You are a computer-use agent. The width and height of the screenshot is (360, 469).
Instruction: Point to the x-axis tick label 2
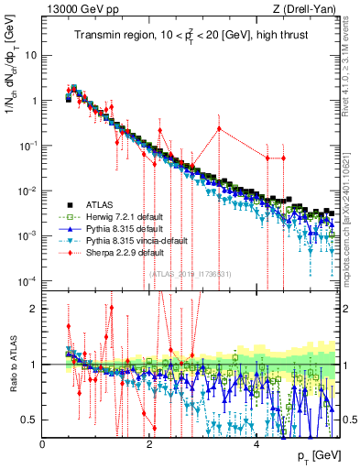point(149,443)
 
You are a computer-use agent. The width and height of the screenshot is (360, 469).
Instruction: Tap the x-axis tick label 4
point(256,443)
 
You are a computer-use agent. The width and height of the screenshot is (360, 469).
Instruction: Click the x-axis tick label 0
point(43,443)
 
